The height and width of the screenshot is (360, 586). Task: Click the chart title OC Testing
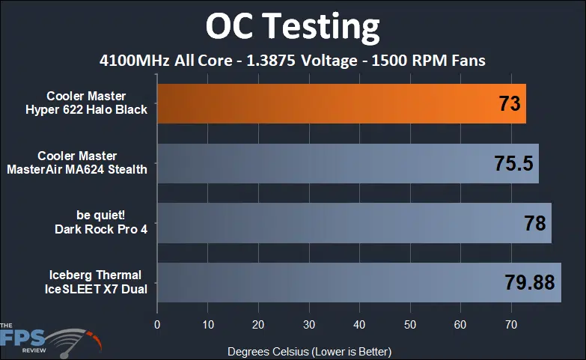293,26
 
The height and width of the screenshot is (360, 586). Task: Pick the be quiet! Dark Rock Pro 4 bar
337,222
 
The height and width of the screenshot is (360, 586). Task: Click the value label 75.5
513,164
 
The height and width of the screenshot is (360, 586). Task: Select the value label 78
534,223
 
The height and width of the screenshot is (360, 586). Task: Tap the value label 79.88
528,283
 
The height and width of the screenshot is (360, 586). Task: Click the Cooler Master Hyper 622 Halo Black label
97,103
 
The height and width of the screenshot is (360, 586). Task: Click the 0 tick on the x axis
157,325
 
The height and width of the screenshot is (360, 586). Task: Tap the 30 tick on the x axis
308,325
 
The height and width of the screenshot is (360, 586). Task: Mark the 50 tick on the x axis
410,325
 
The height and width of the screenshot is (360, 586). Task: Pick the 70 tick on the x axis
511,325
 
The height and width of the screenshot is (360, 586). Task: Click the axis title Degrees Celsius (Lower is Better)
309,350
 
